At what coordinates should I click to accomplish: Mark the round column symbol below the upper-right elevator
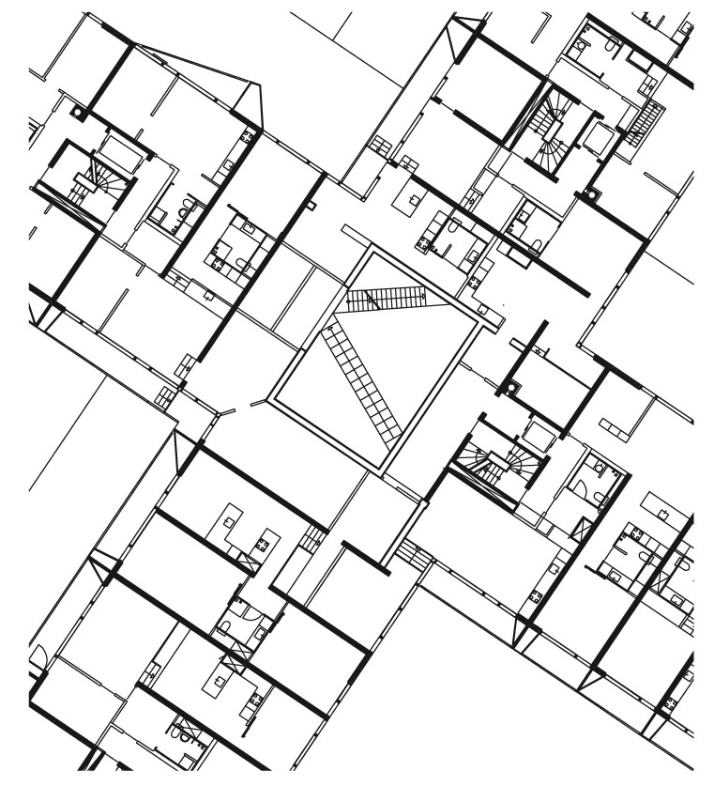tap(591, 194)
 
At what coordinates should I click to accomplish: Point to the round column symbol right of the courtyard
tap(511, 386)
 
